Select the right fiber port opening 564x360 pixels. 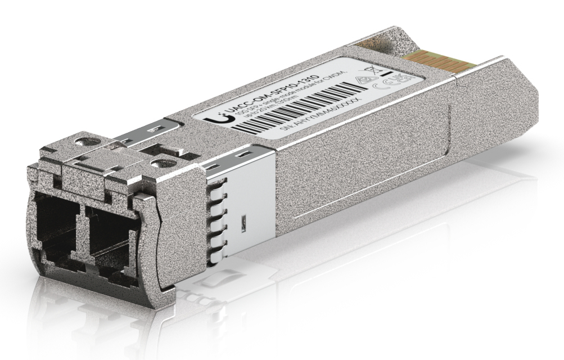(x=113, y=236)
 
